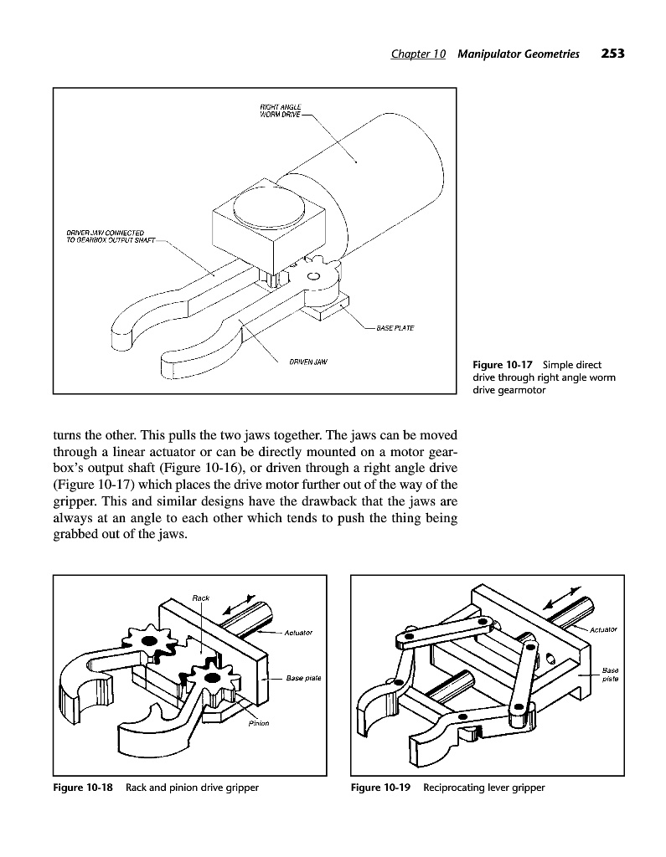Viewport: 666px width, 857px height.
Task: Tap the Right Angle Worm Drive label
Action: pos(281,110)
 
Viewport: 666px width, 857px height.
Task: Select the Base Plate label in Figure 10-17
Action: pos(396,327)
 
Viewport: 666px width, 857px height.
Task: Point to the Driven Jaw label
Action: pos(307,362)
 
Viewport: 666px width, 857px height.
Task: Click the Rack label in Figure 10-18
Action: pos(200,598)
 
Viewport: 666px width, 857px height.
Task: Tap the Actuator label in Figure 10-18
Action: pos(298,633)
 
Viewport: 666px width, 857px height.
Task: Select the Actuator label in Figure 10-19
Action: pos(603,629)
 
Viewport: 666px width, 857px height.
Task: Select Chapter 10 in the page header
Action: pos(418,54)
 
